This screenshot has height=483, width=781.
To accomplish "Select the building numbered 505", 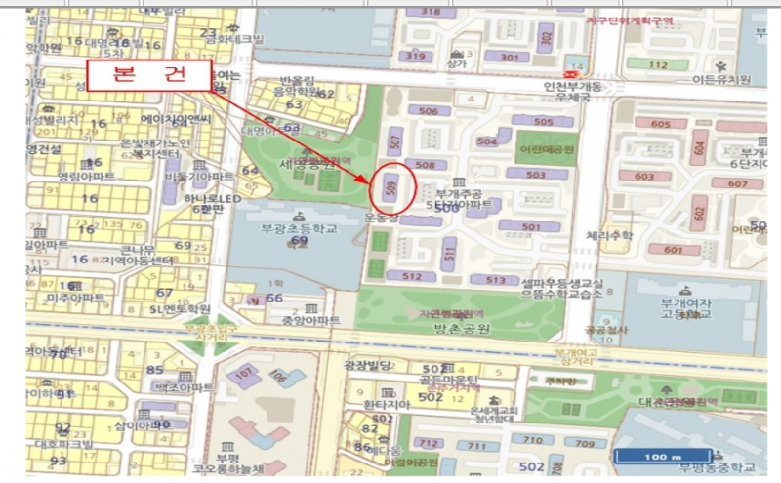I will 544,121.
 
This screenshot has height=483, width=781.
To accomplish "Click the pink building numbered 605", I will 660,124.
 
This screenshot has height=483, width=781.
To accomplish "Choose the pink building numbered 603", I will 644,176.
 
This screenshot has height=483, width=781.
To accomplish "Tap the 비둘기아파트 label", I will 199,177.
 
